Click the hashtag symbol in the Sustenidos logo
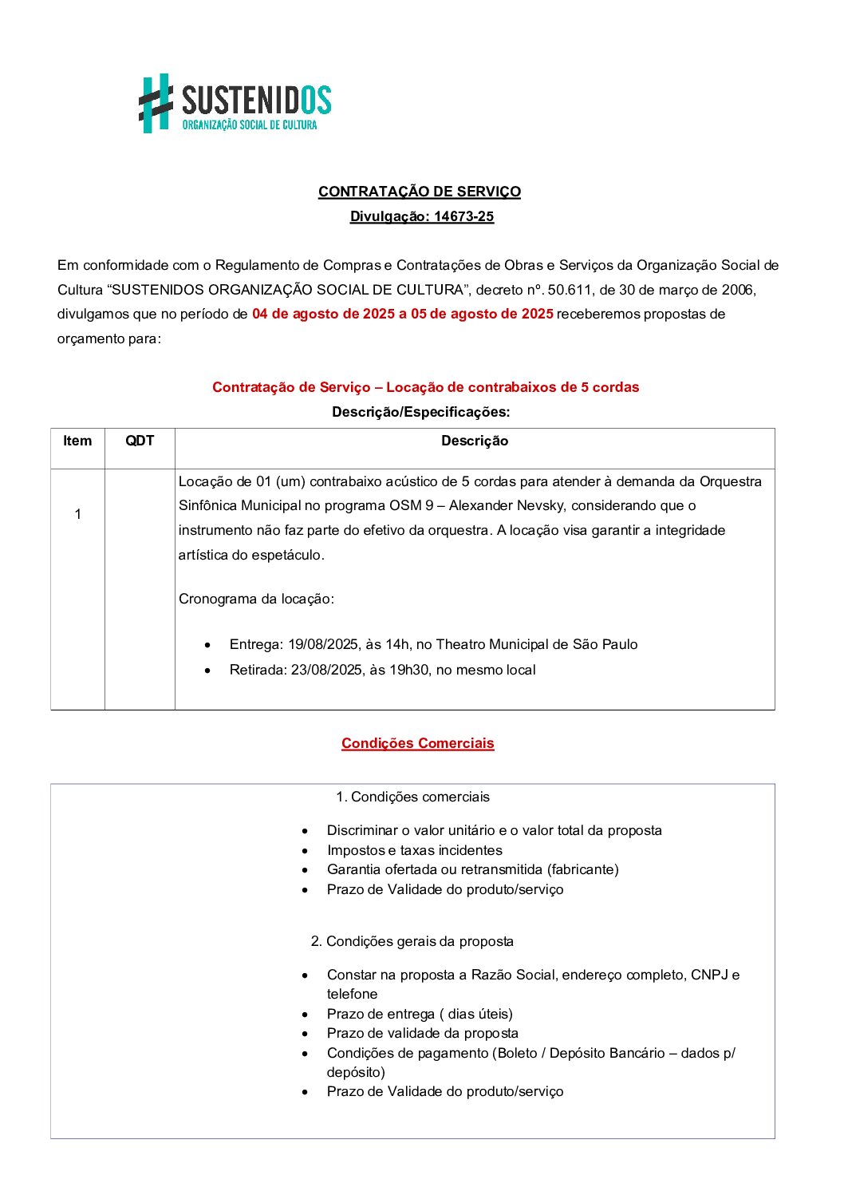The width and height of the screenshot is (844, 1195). coord(156,103)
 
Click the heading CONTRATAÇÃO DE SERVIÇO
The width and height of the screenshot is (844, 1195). coord(419,192)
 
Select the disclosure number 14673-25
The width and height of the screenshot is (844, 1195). coord(463,216)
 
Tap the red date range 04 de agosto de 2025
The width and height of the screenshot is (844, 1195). coord(323,314)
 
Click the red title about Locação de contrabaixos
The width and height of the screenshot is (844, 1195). coord(425,387)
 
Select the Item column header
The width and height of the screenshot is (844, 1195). coord(77,441)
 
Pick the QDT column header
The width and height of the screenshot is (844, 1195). coord(140,441)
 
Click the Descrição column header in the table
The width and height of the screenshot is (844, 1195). coord(475,441)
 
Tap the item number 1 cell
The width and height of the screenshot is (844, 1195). coord(77,514)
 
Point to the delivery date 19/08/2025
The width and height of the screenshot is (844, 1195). coord(322,644)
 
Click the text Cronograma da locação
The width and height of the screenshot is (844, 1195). coord(256,599)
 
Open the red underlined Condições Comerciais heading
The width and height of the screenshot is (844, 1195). coord(417,743)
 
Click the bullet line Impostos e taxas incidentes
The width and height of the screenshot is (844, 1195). coord(414,850)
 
